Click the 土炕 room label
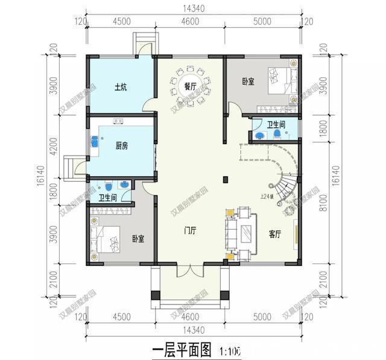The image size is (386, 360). (121, 87)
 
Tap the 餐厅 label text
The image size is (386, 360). (190, 87)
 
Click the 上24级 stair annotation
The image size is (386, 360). (267, 196)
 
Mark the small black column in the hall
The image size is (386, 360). (224, 179)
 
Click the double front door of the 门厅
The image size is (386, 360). (190, 271)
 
